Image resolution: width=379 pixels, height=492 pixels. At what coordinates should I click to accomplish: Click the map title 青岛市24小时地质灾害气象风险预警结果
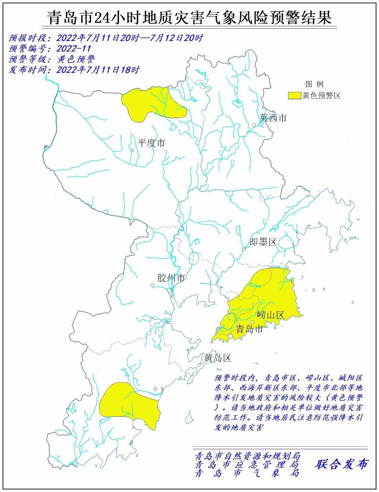189,18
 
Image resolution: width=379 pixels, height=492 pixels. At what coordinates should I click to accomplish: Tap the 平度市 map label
151,143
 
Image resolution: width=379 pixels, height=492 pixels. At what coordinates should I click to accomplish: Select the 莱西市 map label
273,118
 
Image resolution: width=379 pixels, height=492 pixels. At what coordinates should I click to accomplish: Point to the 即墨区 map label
263,241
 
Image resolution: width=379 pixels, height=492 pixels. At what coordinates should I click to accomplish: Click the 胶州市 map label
171,278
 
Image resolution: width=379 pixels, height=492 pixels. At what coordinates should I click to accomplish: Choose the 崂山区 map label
270,315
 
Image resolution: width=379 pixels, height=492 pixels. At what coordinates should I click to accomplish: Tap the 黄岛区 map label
218,358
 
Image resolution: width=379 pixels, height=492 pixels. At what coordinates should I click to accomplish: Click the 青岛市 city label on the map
250,329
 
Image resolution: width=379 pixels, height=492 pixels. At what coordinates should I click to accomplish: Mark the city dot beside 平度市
133,151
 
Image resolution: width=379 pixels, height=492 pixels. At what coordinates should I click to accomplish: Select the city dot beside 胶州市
152,285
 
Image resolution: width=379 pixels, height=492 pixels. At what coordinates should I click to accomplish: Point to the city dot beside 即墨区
244,249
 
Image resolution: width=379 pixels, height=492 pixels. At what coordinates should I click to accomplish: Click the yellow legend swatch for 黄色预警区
294,96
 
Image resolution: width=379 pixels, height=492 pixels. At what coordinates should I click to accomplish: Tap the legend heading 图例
314,84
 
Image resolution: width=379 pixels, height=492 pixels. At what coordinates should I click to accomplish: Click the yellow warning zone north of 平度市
151,103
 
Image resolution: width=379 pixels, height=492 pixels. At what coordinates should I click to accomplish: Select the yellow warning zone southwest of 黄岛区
128,403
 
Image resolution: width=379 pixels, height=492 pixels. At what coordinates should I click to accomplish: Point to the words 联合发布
341,464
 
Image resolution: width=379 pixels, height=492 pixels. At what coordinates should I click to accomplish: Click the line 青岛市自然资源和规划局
247,456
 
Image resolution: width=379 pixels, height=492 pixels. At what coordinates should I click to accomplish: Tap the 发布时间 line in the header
74,70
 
